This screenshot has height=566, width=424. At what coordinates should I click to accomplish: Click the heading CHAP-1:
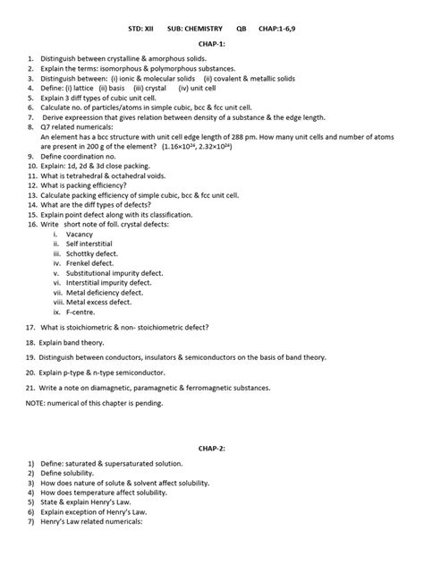[213, 43]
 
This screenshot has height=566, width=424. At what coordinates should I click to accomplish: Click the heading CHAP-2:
[213, 448]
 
